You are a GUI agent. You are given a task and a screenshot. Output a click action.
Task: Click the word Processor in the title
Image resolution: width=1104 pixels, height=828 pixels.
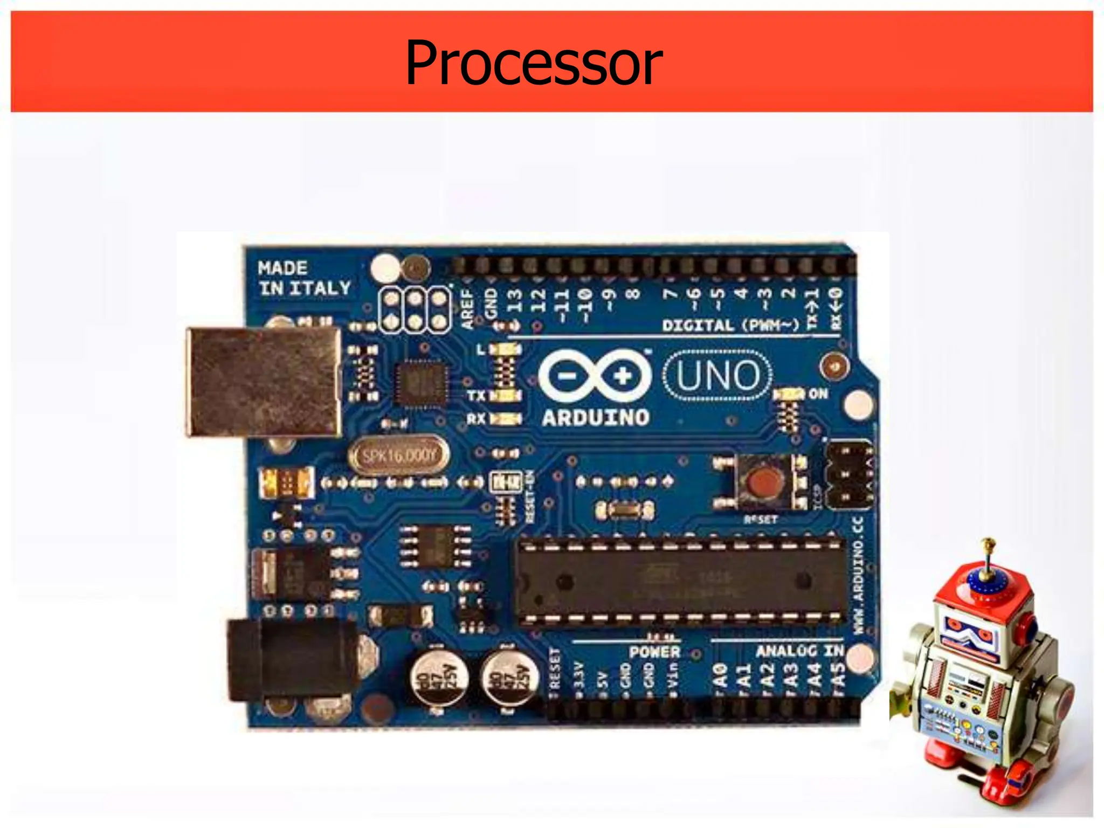(x=534, y=63)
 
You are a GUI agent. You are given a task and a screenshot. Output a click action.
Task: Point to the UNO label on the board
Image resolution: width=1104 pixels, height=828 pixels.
(x=717, y=375)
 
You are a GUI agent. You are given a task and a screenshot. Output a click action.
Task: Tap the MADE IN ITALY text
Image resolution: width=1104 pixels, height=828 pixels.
(x=303, y=278)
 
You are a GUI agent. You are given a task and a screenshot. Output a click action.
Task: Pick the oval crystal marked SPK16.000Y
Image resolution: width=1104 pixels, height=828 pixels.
(x=399, y=456)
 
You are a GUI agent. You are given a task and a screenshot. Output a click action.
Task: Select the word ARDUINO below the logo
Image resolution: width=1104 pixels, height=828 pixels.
(x=595, y=418)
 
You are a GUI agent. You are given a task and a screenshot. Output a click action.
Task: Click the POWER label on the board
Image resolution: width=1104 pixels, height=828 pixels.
(x=654, y=652)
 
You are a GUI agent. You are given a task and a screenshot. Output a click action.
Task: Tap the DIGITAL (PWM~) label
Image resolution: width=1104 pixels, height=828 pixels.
(x=730, y=325)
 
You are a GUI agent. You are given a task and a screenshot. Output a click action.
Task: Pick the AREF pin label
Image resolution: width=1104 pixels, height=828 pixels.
(x=467, y=309)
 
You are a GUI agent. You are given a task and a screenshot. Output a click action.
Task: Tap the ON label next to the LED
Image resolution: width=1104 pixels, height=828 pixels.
(x=818, y=394)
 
